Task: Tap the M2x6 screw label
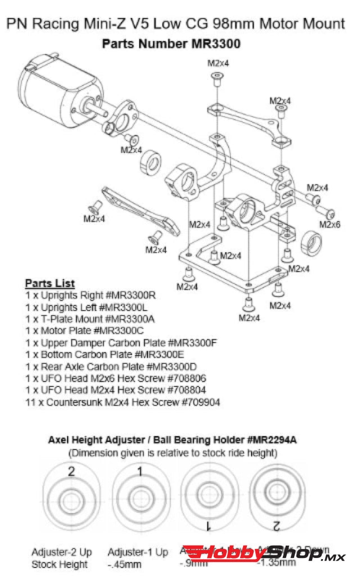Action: [330, 224]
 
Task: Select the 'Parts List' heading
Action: [50, 282]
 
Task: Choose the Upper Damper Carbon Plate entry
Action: [121, 343]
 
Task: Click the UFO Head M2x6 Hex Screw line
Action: [115, 378]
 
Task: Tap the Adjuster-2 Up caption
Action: [61, 552]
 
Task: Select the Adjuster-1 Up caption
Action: [137, 552]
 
